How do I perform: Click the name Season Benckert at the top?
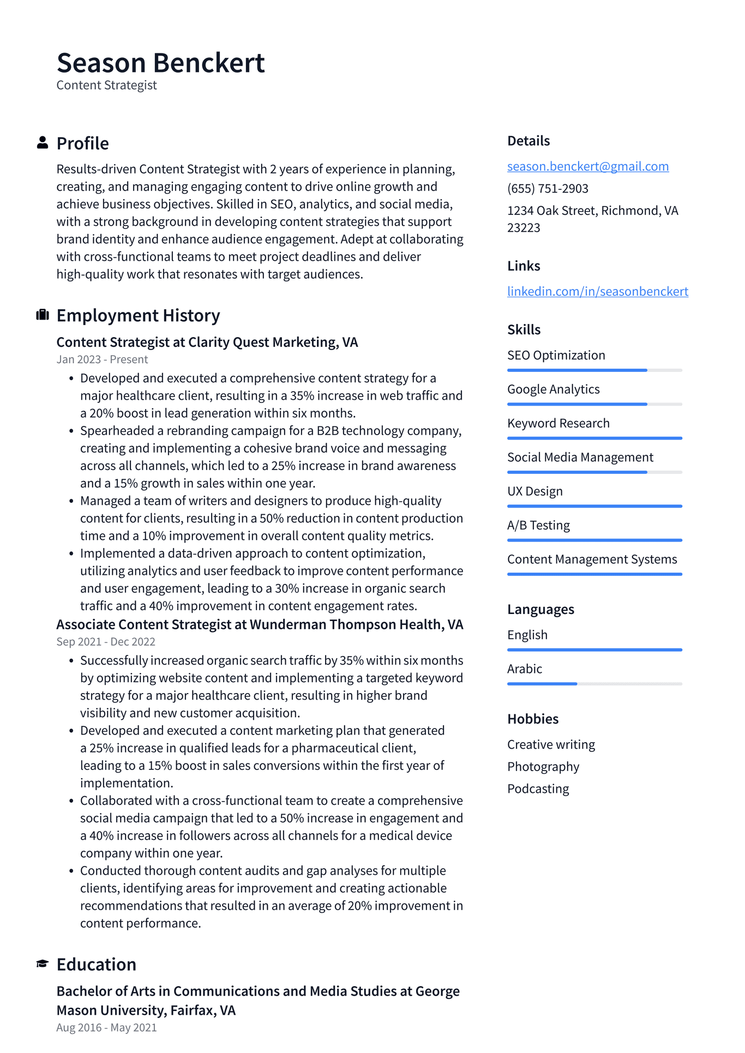point(160,63)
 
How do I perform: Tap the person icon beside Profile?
point(43,143)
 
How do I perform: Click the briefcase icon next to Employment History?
point(43,315)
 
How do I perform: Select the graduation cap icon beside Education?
point(43,964)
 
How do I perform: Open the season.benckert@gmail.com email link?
point(588,166)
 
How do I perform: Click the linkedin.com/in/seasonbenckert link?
point(597,291)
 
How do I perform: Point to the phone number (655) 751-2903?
point(548,189)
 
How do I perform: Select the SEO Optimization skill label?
point(556,356)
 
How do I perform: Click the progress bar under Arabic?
point(594,684)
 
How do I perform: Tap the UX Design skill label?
point(534,491)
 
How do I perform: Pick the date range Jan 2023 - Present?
point(102,359)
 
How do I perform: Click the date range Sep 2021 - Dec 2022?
point(106,642)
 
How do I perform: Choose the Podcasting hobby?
point(538,789)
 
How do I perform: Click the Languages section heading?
point(540,609)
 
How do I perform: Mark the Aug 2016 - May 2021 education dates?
point(106,1028)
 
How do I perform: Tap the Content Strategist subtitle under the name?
point(106,86)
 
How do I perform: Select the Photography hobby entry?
point(543,767)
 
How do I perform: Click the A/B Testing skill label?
point(538,526)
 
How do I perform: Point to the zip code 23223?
point(524,228)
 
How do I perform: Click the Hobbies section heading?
point(533,719)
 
